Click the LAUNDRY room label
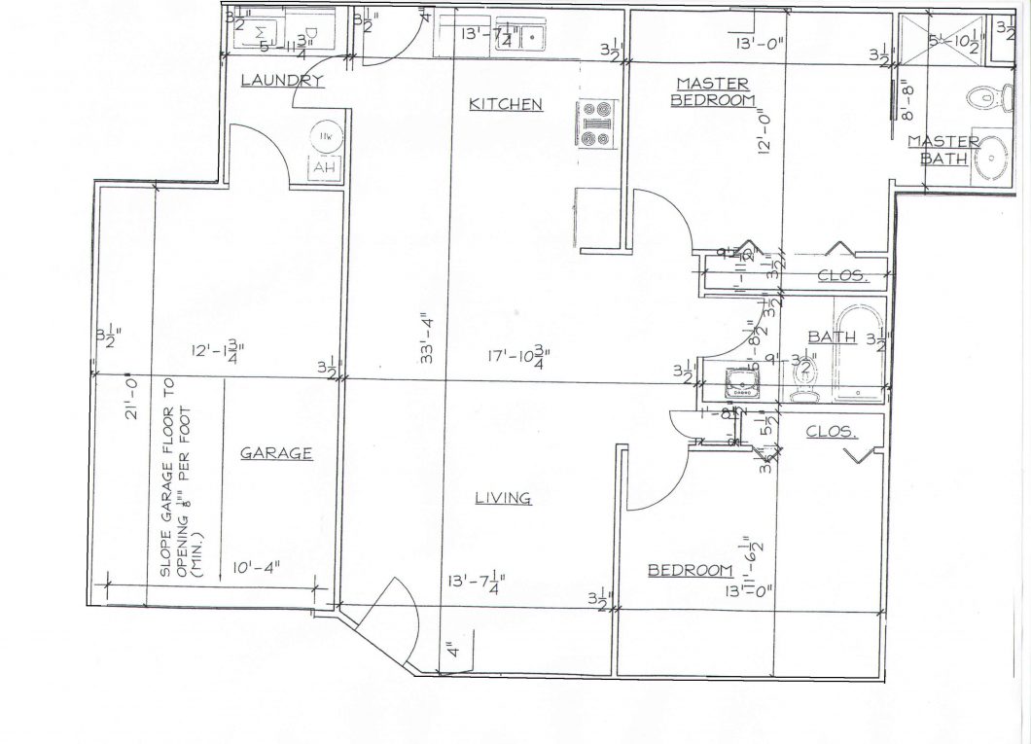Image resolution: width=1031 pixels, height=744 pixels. [x=281, y=81]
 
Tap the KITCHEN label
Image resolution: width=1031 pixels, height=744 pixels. [x=505, y=104]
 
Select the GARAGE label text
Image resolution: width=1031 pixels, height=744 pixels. [x=276, y=452]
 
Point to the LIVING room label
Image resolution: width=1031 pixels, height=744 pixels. [x=503, y=498]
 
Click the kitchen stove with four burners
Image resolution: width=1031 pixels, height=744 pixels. [x=597, y=124]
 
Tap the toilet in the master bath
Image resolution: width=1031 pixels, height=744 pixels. [x=983, y=95]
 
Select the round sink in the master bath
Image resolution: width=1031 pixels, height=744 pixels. [x=990, y=156]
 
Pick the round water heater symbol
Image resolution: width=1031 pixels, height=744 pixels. [x=323, y=138]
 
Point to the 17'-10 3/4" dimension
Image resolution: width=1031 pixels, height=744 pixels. [x=528, y=357]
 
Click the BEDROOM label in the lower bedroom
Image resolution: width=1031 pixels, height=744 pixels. [x=690, y=570]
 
